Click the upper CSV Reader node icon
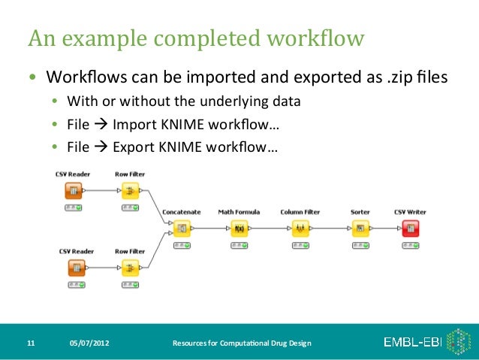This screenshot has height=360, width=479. pyautogui.click(x=74, y=191)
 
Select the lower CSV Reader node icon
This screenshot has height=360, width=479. pyautogui.click(x=77, y=268)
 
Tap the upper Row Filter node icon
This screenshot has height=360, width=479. pyautogui.click(x=130, y=191)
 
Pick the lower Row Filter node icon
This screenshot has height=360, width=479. pyautogui.click(x=130, y=268)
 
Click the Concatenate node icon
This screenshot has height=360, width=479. pyautogui.click(x=181, y=228)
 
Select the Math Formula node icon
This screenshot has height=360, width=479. pyautogui.click(x=239, y=228)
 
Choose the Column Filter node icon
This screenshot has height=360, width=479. pyautogui.click(x=301, y=228)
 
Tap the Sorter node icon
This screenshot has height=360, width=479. pyautogui.click(x=360, y=228)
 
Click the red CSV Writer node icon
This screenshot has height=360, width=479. pyautogui.click(x=410, y=228)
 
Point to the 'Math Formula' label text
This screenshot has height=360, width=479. pyautogui.click(x=239, y=213)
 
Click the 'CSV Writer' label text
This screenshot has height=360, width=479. pyautogui.click(x=410, y=213)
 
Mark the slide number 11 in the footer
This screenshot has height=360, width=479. pyautogui.click(x=31, y=343)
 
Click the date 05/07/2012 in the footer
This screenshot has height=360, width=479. pyautogui.click(x=89, y=343)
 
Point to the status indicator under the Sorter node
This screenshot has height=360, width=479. pyautogui.click(x=360, y=245)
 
